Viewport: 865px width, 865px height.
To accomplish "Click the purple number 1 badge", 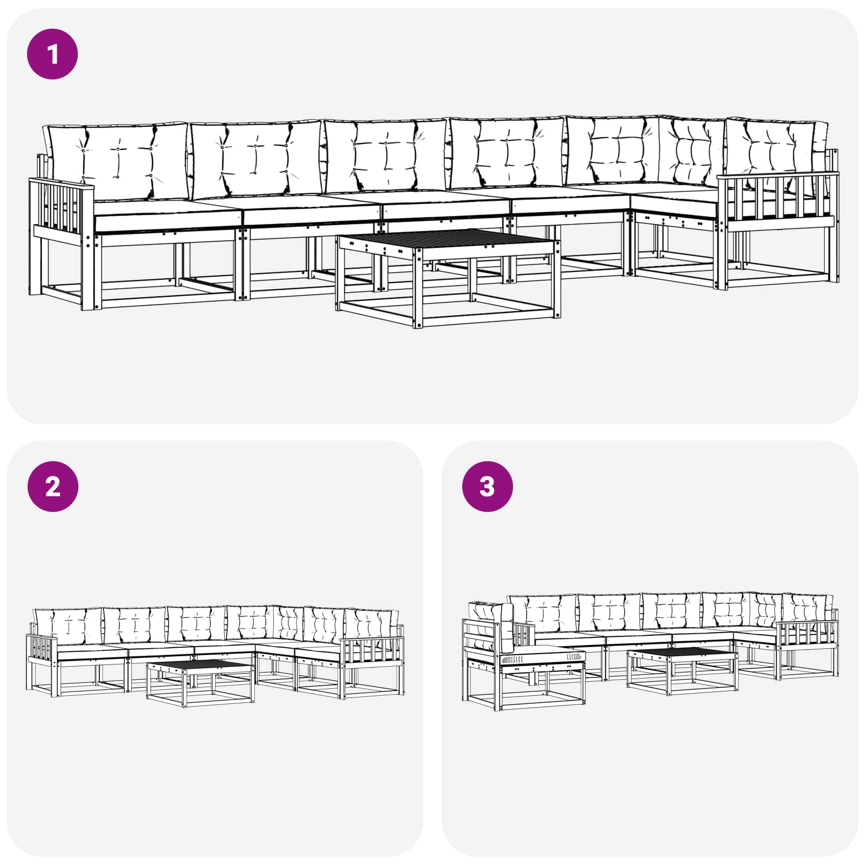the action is (52, 54).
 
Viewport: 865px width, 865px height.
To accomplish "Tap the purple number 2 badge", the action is (52, 487).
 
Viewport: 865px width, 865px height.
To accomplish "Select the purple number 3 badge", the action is (487, 487).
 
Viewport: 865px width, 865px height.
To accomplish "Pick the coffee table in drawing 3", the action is (682, 671).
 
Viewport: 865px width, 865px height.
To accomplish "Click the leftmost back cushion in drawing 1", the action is (116, 161).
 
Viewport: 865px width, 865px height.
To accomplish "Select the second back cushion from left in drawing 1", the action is (256, 159).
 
